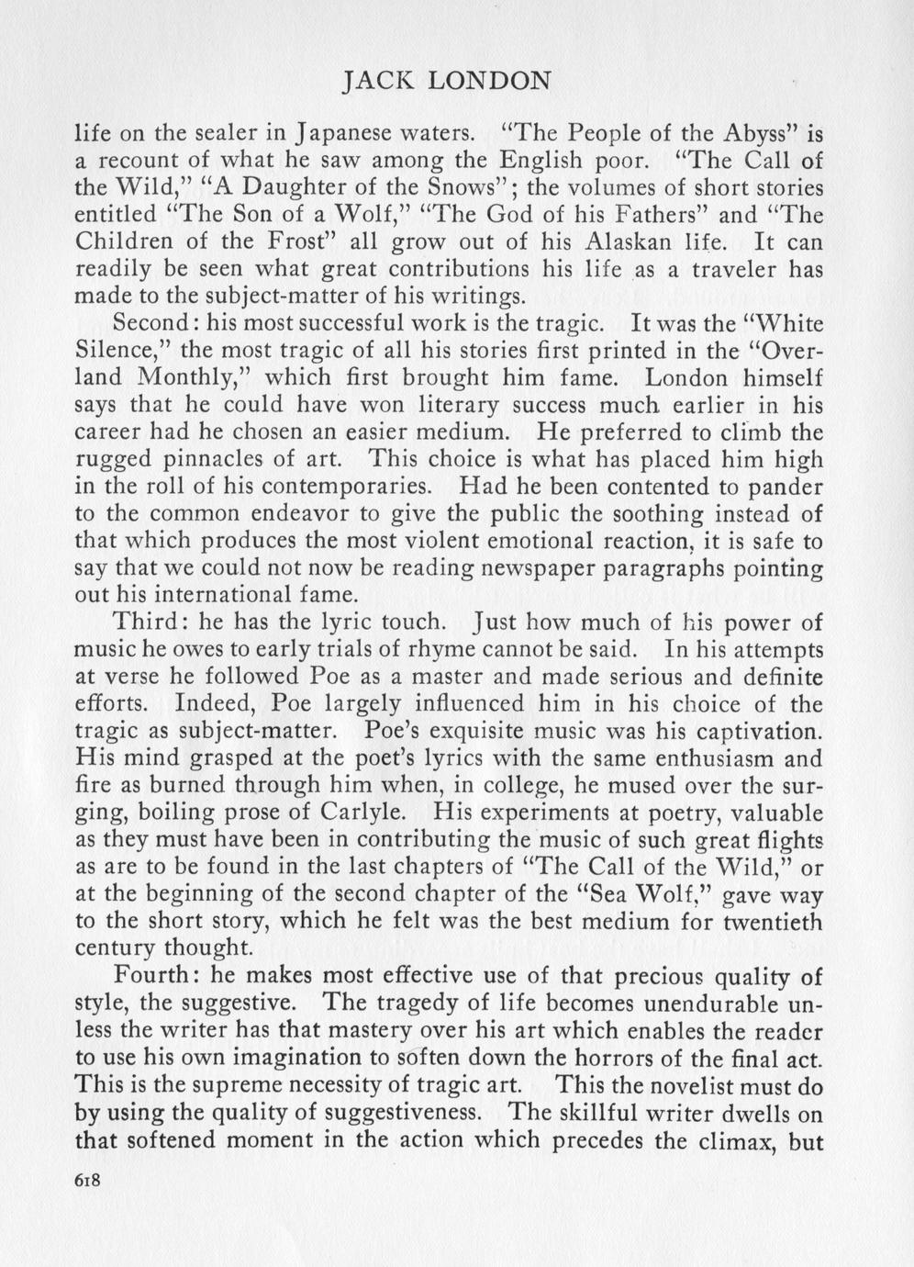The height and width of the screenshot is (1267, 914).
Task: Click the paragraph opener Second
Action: (x=154, y=324)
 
